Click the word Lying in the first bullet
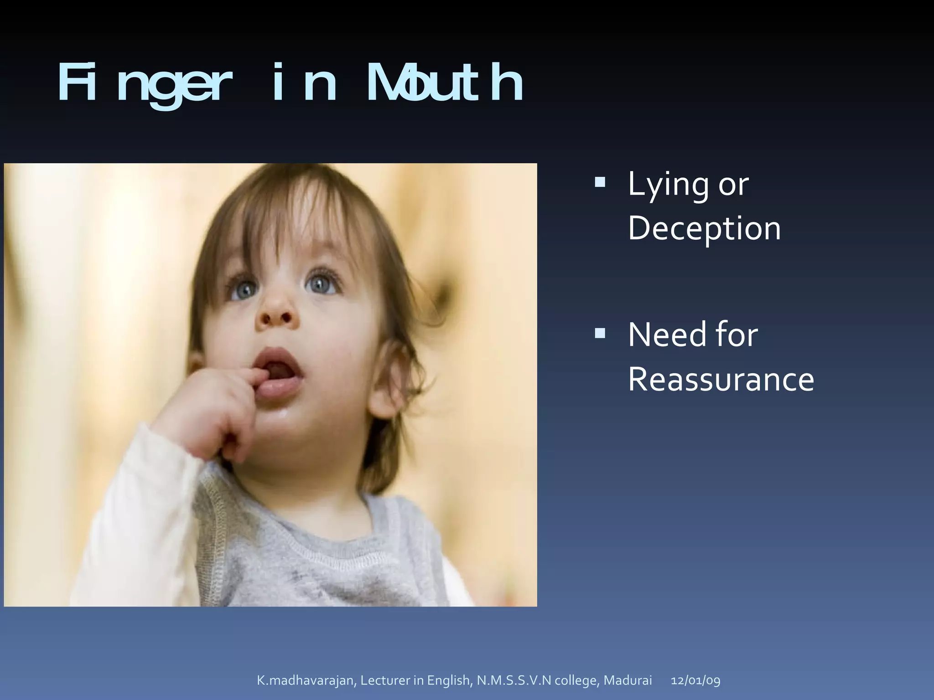coord(668,185)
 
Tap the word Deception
coord(704,228)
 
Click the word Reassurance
coord(721,379)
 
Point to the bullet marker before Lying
coord(600,183)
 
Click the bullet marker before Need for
coord(600,333)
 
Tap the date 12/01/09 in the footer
coord(695,680)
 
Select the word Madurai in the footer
coord(628,680)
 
